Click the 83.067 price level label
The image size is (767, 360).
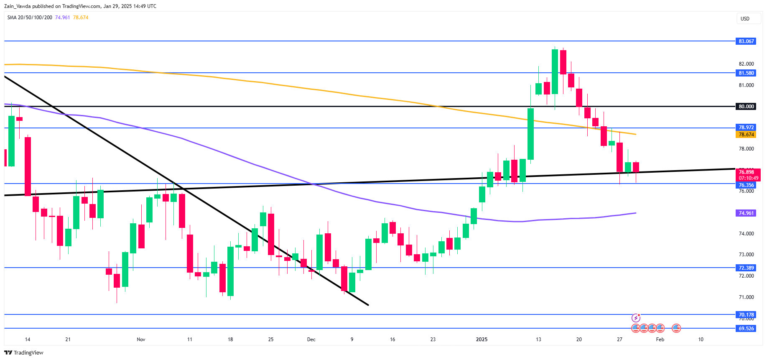[x=746, y=41]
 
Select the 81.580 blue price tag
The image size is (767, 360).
[x=746, y=73]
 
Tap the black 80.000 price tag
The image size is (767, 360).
[x=746, y=107]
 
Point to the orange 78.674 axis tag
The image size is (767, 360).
[x=746, y=135]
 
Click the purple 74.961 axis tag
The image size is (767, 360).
[x=746, y=213]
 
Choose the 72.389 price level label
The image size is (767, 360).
[x=746, y=268]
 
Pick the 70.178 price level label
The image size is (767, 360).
[x=746, y=315]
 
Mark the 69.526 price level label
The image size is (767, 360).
[x=746, y=329]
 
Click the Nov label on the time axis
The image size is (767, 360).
[x=141, y=340]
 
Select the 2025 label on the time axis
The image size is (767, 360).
[x=482, y=340]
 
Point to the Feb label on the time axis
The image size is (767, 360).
[x=660, y=340]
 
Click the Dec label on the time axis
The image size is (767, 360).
[x=311, y=340]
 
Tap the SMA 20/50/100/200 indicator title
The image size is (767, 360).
[x=30, y=18]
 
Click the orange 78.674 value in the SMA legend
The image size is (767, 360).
[x=81, y=18]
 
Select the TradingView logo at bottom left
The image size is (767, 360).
[x=24, y=353]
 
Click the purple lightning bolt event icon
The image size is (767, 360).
[x=636, y=318]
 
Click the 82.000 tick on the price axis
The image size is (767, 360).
[x=746, y=64]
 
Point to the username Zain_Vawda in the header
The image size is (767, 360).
[x=17, y=6]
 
